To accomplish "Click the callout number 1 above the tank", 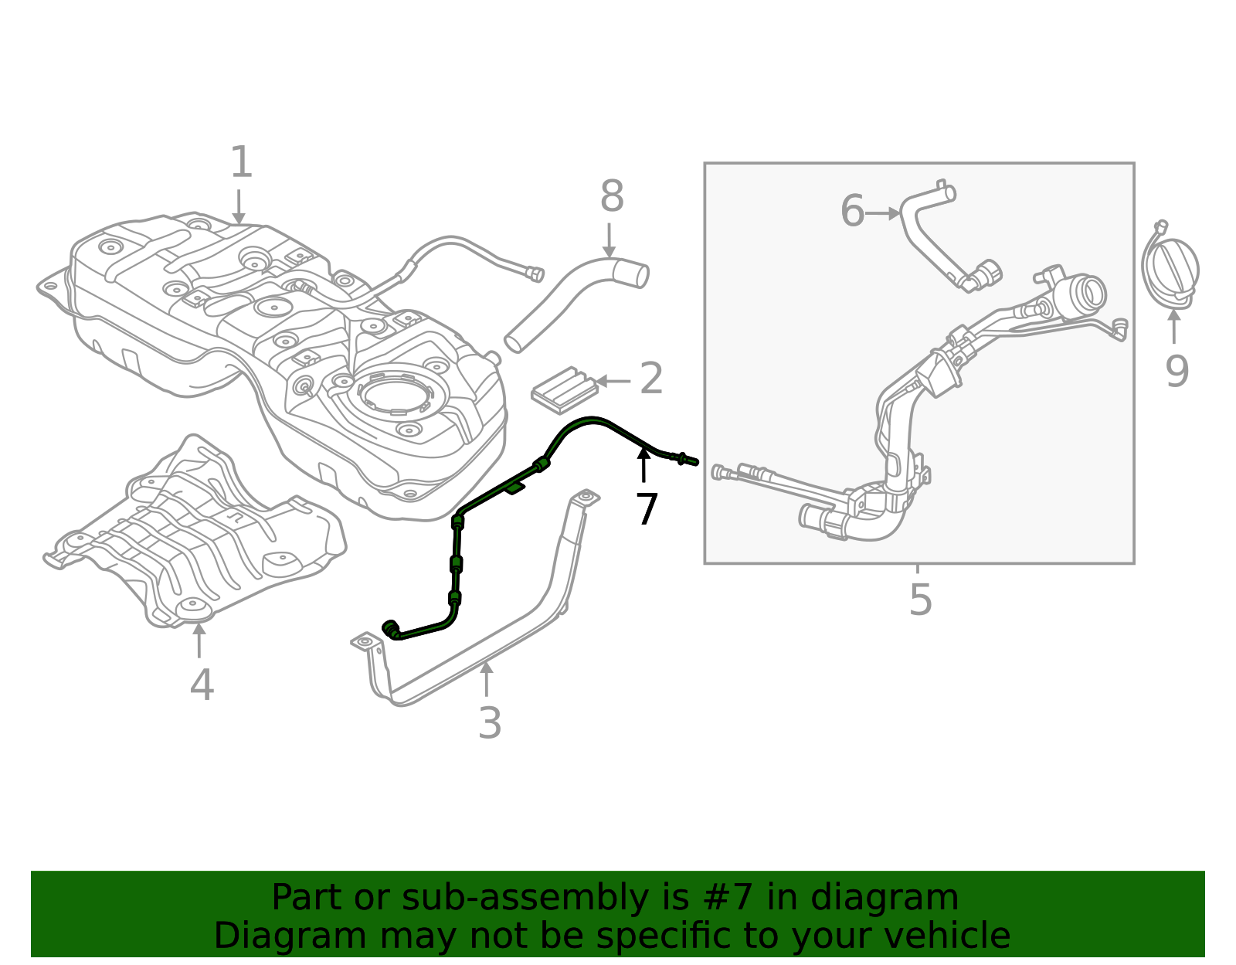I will (x=241, y=163).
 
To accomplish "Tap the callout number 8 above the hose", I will (x=611, y=197).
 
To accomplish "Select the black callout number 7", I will (x=647, y=509).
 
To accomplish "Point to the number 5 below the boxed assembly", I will (x=920, y=600).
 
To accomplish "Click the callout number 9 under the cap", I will (x=1176, y=372).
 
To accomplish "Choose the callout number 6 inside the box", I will (x=852, y=212).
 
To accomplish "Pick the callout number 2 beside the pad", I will (x=651, y=379).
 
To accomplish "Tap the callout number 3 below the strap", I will (x=490, y=724).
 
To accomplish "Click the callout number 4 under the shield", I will (x=202, y=685).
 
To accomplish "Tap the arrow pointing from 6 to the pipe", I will (x=883, y=212).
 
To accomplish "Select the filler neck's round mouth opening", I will (x=1093, y=291).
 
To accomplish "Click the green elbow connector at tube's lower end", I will (x=390, y=627).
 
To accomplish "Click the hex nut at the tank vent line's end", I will (x=534, y=274).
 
